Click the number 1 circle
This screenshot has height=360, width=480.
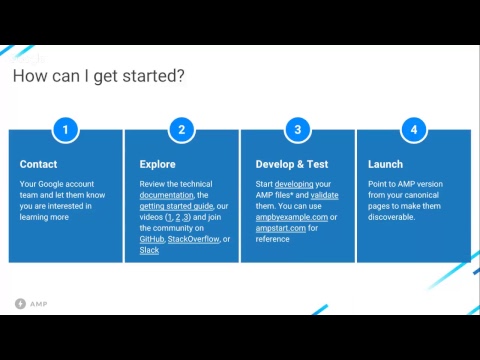pos(65,130)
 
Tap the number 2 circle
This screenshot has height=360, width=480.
pos(181,130)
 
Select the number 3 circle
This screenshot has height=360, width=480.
pos(297,130)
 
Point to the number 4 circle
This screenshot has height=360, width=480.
pos(413,130)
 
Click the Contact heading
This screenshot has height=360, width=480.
pos(38,164)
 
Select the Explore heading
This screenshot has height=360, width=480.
pos(157,164)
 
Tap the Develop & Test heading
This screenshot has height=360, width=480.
pos(292,164)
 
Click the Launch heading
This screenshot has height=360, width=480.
pos(385,164)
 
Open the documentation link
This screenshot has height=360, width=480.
pos(166,195)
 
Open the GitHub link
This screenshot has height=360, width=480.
pos(152,240)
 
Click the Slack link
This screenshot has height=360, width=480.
pos(149,251)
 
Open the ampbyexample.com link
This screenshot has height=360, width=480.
pos(291,217)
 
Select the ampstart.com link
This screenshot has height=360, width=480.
pos(281,228)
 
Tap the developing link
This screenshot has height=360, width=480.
pos(294,184)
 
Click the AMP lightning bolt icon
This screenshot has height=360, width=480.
pos(20,302)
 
